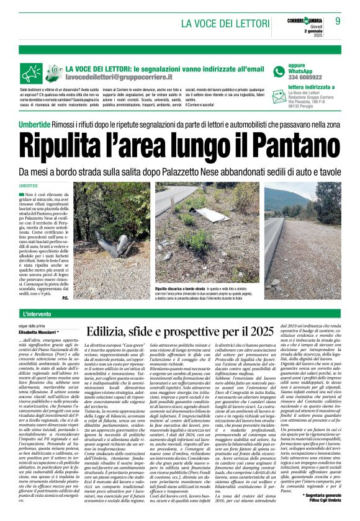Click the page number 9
click(338, 22)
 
